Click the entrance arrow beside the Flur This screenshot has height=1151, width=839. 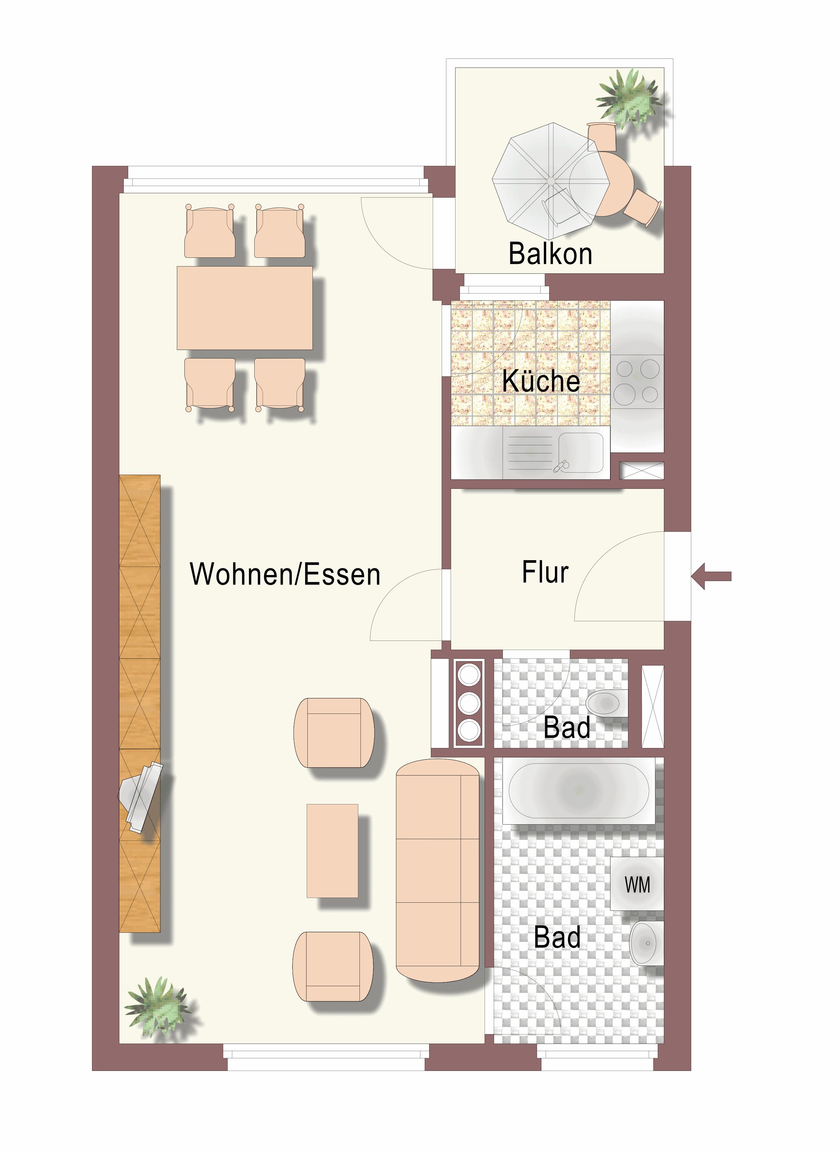711,576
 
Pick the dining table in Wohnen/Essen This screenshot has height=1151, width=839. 245,308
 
